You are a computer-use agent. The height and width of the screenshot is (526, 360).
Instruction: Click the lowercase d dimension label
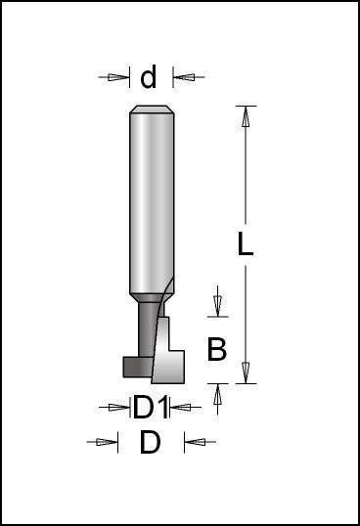click(150, 76)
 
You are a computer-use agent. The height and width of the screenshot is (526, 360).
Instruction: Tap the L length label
click(246, 245)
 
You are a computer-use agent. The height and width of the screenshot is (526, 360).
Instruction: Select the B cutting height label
click(217, 348)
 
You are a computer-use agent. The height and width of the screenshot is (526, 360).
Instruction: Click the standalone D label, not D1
click(150, 442)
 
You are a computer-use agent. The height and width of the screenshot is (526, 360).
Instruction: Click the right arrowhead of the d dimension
click(183, 77)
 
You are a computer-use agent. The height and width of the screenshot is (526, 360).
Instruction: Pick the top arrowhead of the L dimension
click(246, 115)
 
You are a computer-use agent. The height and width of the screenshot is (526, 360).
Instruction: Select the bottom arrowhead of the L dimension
click(246, 373)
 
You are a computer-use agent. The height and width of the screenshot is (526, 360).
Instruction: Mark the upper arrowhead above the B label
click(217, 305)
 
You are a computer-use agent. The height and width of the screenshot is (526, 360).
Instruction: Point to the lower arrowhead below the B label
click(217, 392)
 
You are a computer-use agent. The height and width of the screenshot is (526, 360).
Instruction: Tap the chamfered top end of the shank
click(152, 110)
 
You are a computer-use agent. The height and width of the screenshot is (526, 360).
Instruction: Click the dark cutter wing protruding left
click(134, 366)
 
